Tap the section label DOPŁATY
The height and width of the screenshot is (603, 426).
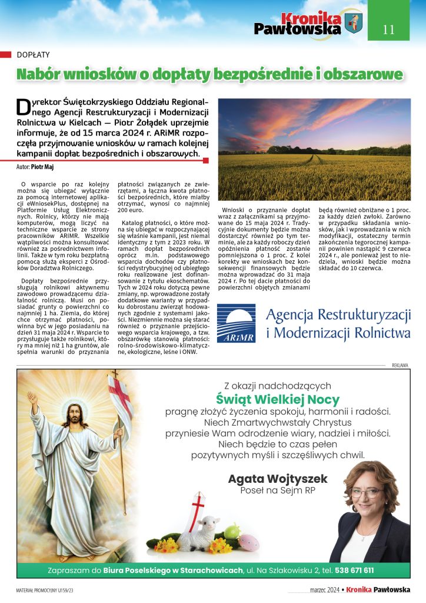pyautogui.click(x=34, y=54)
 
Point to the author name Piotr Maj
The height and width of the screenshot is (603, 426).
pyautogui.click(x=42, y=167)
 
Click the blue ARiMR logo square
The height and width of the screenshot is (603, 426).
pyautogui.click(x=236, y=323)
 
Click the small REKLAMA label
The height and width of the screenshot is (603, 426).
pyautogui.click(x=400, y=365)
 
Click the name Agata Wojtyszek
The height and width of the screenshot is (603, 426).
pyautogui.click(x=278, y=479)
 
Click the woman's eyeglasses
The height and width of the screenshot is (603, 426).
pyautogui.click(x=365, y=492)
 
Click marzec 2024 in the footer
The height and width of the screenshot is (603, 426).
pyautogui.click(x=325, y=589)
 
